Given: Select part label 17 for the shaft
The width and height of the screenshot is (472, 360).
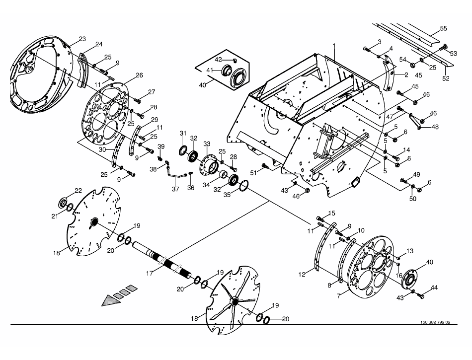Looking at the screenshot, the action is click(x=150, y=274).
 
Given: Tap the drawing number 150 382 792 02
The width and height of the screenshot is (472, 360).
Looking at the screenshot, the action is click(x=435, y=322).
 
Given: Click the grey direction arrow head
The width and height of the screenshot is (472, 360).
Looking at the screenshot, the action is click(x=110, y=300).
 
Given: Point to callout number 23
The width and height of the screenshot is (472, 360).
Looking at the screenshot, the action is click(x=82, y=39).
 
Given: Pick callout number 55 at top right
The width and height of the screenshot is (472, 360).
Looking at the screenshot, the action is click(x=443, y=29).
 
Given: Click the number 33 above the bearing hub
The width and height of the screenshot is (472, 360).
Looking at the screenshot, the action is click(x=207, y=144).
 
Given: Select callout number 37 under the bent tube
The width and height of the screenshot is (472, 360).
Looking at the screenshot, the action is click(x=175, y=189).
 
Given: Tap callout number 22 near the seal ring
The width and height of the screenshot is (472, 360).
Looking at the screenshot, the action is click(x=79, y=190).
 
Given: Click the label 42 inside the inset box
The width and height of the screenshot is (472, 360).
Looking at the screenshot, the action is click(x=218, y=59).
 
